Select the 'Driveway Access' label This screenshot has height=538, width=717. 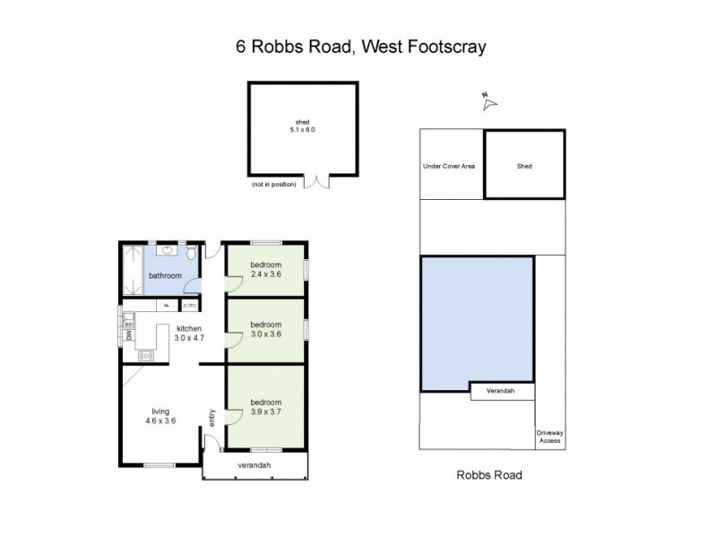pyautogui.click(x=549, y=436)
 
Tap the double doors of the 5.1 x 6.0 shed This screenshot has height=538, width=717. pyautogui.click(x=316, y=181)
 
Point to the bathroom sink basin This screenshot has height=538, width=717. pyautogui.click(x=148, y=252)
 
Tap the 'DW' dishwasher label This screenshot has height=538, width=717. pyautogui.click(x=129, y=335)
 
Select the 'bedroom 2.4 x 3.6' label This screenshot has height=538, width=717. pyautogui.click(x=266, y=269)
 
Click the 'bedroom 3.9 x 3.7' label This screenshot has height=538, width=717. pyautogui.click(x=266, y=407)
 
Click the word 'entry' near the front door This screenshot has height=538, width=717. pyautogui.click(x=212, y=417)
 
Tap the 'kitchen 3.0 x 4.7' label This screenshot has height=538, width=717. pyautogui.click(x=189, y=334)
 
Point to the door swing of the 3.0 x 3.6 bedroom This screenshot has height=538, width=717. pyautogui.click(x=233, y=338)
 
